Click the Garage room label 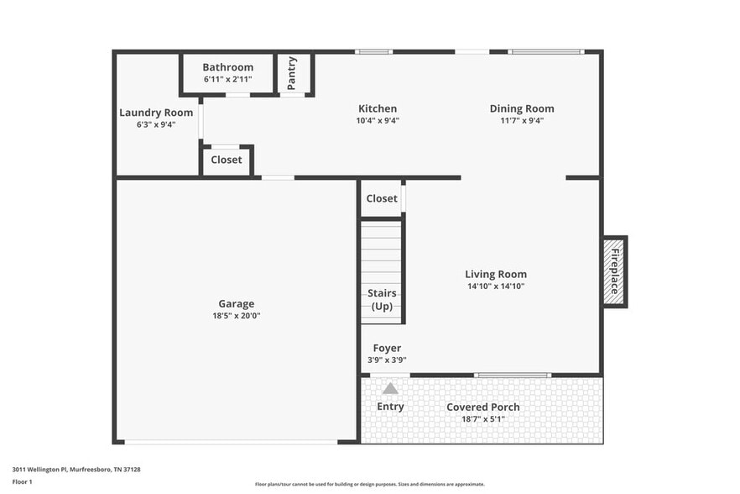(237, 304)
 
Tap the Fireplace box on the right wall (614, 271)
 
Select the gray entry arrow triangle (390, 388)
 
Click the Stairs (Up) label (382, 300)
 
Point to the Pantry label (292, 73)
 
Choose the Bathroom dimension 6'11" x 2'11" (227, 80)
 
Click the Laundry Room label (156, 113)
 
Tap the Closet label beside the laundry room (226, 160)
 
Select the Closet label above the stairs (382, 199)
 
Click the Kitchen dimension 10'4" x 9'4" (378, 120)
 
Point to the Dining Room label (522, 108)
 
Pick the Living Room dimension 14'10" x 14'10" (496, 286)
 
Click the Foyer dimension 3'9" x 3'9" (387, 360)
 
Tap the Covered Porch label (482, 407)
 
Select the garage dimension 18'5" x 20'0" (237, 316)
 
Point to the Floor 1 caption (22, 481)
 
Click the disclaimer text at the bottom (369, 484)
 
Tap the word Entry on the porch (390, 407)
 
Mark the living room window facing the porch (513, 375)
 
